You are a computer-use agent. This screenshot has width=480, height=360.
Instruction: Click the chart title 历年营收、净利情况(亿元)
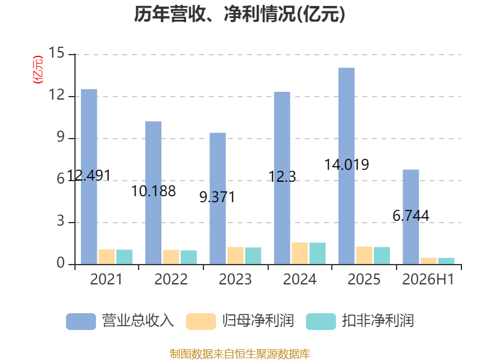239,14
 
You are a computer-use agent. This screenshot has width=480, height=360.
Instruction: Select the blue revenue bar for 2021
89,176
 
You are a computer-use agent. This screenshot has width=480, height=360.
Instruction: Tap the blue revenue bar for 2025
347,166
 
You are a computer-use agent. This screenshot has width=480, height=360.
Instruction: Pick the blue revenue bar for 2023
218,199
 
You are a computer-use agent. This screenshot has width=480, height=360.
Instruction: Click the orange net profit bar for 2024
299,253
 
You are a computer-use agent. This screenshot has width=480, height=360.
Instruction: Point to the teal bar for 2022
188,257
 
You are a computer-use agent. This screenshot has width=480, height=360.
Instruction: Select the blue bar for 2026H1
411,217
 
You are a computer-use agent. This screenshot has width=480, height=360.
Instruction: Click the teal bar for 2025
382,256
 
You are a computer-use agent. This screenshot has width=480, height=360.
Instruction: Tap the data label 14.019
347,164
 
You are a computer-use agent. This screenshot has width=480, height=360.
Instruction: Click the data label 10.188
154,191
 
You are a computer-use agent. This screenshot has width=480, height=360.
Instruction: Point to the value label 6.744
411,215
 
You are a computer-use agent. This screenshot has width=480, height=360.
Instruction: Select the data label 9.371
217,197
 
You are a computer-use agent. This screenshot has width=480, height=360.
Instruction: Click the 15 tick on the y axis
56,53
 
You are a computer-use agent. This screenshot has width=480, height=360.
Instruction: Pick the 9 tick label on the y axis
61,137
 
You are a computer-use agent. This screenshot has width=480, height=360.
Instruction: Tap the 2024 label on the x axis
299,279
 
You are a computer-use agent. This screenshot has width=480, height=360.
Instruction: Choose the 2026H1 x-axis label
428,279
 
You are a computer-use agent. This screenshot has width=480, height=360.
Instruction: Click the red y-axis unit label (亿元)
38,70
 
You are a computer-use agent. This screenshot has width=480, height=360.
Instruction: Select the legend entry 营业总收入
138,321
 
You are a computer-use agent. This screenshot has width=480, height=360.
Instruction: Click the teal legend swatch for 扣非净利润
321,322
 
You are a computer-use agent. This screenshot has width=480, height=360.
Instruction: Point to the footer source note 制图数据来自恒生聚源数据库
240,354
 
